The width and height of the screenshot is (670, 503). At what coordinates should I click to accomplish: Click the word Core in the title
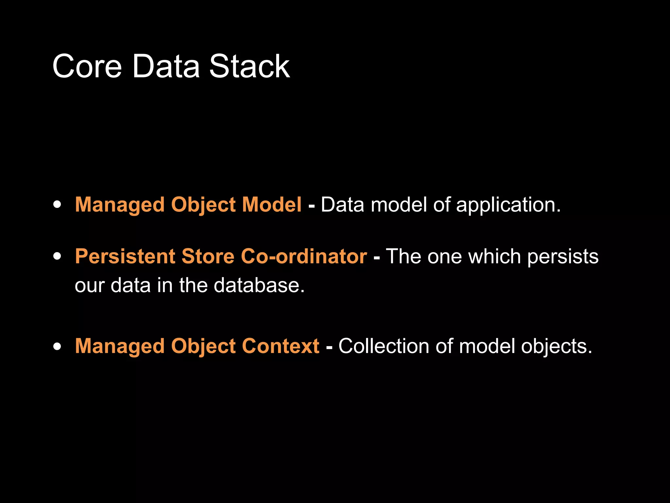tap(87, 66)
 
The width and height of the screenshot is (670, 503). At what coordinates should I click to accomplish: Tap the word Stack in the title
tap(249, 66)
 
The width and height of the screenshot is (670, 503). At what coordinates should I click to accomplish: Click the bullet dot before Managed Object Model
tap(57, 205)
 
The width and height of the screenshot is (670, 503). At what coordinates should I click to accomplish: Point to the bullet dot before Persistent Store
tap(57, 256)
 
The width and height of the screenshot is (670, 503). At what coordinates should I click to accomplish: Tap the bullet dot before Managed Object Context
tap(57, 346)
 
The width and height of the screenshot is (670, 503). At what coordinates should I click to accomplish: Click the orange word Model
tap(272, 205)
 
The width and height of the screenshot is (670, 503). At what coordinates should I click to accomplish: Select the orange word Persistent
tap(125, 256)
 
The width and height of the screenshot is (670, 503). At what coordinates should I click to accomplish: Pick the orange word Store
tap(208, 256)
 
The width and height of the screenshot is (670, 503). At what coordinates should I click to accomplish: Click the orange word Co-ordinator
tap(304, 256)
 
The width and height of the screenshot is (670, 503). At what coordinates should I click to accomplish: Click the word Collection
tap(384, 346)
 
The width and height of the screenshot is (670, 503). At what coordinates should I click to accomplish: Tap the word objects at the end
tap(556, 347)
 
